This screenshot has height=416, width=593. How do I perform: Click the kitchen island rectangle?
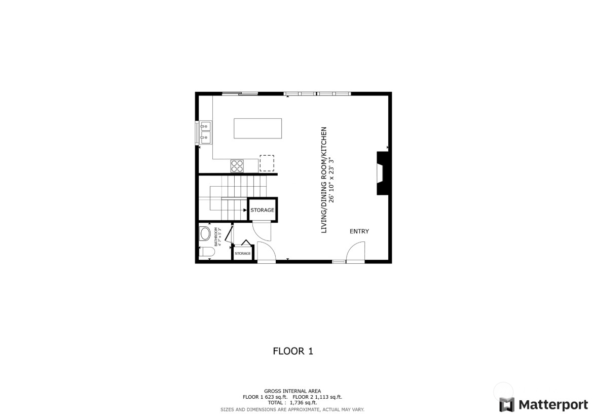click(257, 128)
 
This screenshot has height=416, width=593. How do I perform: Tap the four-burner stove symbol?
click(237, 165)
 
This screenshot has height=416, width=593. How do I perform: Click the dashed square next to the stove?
click(267, 163)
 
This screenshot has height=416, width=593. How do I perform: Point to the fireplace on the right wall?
click(382, 173)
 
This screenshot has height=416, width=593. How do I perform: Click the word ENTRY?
click(359, 231)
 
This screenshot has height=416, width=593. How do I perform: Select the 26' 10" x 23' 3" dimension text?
click(332, 180)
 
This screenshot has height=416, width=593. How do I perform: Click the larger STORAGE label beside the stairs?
click(262, 210)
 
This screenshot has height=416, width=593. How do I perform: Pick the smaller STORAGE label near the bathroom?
click(242, 253)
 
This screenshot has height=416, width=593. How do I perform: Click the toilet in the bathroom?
click(207, 252)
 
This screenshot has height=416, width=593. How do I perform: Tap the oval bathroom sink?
click(205, 234)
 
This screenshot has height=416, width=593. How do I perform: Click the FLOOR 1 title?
click(293, 351)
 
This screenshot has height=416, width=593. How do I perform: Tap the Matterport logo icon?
click(507, 404)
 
